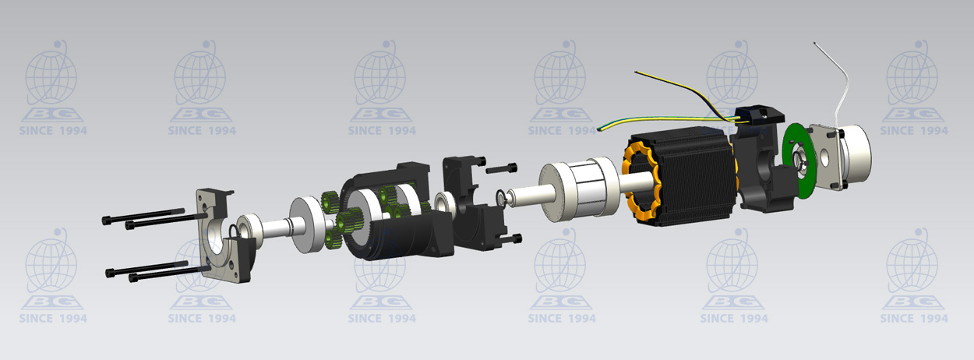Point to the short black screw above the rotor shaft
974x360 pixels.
(502, 168)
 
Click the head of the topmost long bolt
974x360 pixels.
(107, 221)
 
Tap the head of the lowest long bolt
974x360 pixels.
(133, 277)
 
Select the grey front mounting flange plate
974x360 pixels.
(220, 235)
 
